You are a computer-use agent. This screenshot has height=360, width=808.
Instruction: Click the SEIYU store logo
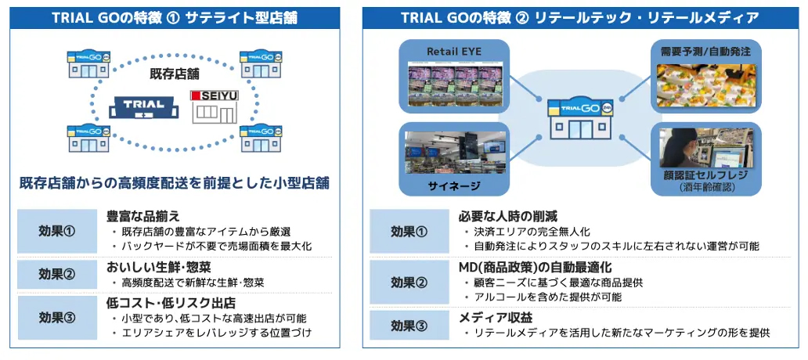pyautogui.click(x=214, y=96)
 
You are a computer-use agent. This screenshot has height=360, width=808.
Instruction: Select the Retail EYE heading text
pyautogui.click(x=454, y=52)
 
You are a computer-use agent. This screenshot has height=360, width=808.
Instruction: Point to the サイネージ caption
pyautogui.click(x=454, y=185)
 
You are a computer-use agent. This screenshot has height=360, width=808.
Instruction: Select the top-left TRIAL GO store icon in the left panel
pyautogui.click(x=88, y=63)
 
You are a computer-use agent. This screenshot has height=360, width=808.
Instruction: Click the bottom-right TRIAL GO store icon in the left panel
pyautogui.click(x=259, y=139)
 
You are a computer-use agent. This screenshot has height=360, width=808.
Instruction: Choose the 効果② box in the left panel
pyautogui.click(x=57, y=274)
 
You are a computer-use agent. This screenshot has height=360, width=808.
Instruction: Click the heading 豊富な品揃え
pyautogui.click(x=143, y=216)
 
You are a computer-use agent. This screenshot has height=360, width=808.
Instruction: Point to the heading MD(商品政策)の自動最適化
pyautogui.click(x=530, y=266)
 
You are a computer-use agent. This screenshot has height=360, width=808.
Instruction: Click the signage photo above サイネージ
pyautogui.click(x=454, y=152)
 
